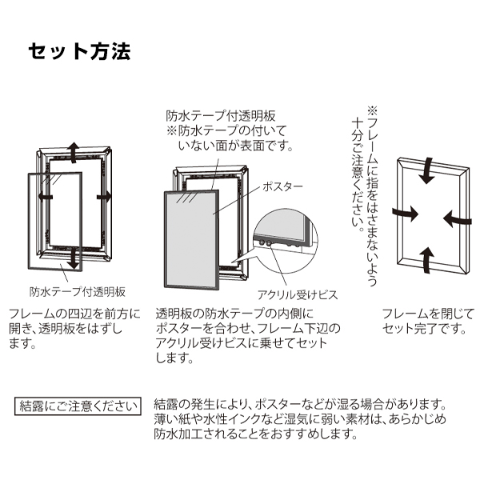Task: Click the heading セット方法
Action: click(x=79, y=51)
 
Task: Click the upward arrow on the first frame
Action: click(x=73, y=151)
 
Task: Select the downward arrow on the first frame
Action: click(x=73, y=259)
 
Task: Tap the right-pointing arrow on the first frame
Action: click(x=104, y=197)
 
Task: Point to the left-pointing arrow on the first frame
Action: click(x=46, y=197)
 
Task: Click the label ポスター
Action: click(x=282, y=186)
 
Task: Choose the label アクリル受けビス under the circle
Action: click(x=298, y=294)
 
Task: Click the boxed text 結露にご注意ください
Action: click(x=78, y=406)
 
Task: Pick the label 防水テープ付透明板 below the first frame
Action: click(x=78, y=292)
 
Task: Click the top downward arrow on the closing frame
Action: click(x=427, y=171)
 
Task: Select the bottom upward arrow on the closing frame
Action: click(x=426, y=259)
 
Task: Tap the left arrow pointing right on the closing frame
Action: click(x=405, y=213)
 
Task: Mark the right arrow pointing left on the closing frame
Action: click(x=457, y=219)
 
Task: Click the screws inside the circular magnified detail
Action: click(x=265, y=243)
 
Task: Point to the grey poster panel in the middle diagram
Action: click(x=191, y=239)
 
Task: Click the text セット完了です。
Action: click(x=425, y=329)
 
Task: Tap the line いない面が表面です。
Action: click(x=236, y=146)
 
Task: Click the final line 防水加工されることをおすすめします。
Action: click(x=256, y=434)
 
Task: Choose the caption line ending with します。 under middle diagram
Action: click(x=174, y=358)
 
